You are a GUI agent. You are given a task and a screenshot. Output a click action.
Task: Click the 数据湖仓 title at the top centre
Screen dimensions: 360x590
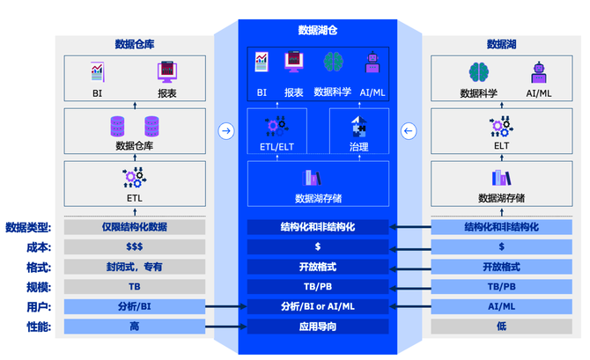(317, 31)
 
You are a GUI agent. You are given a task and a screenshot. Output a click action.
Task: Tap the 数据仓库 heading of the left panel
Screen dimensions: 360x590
(135, 44)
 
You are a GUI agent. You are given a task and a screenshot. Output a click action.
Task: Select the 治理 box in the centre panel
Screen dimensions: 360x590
(358, 133)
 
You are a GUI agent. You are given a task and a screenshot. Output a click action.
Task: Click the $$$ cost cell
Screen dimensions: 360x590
(134, 247)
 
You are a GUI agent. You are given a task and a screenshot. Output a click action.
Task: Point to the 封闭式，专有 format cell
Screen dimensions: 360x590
(134, 267)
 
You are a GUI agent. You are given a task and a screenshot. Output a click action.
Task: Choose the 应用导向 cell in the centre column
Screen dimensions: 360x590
(317, 327)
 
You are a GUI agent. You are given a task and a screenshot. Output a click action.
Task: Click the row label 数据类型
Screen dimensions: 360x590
(27, 227)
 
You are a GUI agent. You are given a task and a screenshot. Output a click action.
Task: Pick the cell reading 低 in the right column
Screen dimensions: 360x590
(501, 327)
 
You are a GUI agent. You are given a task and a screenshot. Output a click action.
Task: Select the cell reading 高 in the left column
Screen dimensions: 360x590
(134, 327)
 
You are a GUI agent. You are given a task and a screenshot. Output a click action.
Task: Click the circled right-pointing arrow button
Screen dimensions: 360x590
(226, 131)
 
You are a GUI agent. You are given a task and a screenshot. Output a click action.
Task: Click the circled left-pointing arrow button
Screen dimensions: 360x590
(408, 131)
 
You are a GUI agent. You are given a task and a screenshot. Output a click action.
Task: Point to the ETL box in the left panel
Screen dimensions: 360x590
(134, 186)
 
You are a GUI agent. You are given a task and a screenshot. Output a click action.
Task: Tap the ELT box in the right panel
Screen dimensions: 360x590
(501, 133)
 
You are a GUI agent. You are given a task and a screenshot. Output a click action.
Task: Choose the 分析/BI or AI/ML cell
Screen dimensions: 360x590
(317, 306)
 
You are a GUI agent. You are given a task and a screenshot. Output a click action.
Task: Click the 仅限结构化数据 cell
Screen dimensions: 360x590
(134, 227)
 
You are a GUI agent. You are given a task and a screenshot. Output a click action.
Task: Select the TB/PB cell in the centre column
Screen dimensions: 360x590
(317, 287)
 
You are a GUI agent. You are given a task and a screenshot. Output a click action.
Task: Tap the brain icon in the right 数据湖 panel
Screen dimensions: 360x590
(479, 72)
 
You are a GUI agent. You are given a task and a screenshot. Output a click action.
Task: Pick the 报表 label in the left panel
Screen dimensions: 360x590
(166, 92)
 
